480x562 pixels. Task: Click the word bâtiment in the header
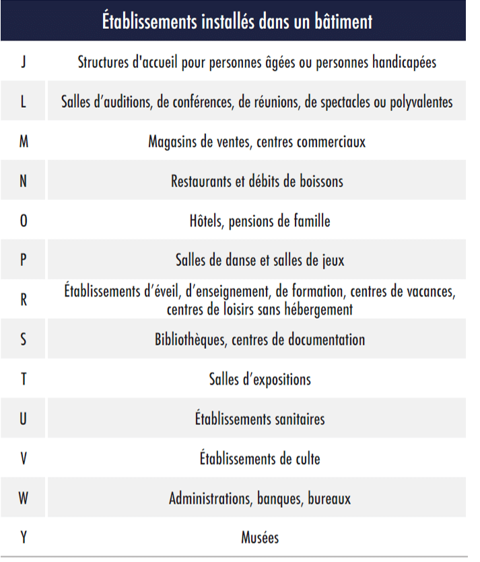341,21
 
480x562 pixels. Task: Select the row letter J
24,62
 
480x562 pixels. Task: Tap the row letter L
24,102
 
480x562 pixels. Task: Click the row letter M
24,142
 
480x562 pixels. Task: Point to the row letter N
24,182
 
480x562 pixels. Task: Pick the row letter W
24,499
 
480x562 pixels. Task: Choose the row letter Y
24,538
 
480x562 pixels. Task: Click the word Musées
260,538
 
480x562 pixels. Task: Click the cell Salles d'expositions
260,379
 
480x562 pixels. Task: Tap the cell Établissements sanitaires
260,418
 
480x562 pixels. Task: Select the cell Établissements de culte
260,459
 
